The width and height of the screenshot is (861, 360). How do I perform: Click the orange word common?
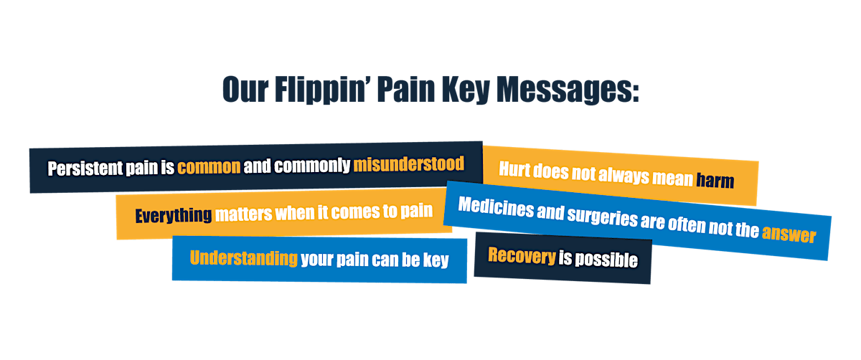[x=209, y=167]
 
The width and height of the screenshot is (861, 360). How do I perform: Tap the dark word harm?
[x=715, y=179]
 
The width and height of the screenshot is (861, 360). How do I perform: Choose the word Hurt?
[x=515, y=171]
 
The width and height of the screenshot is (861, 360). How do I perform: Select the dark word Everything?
[x=174, y=214]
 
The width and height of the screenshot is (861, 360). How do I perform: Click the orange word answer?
[x=789, y=234]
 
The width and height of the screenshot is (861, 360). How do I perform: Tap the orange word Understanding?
[x=244, y=258]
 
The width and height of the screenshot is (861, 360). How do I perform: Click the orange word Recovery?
[x=522, y=255]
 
